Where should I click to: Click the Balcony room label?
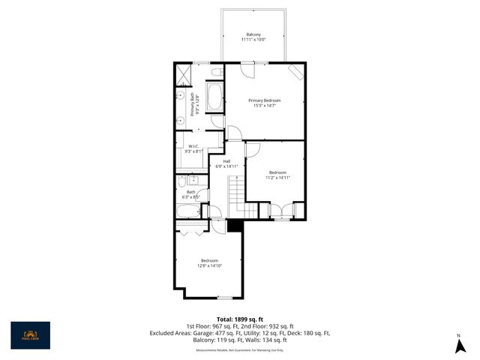254,34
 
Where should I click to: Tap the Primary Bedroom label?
265,100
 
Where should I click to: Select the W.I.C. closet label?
193,146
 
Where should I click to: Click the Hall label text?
226,160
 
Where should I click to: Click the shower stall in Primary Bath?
183,74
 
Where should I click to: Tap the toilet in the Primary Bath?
216,73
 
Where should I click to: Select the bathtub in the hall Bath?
190,211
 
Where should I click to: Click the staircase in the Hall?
236,193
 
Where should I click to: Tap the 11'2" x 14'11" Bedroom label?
277,175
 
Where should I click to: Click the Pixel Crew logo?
30,335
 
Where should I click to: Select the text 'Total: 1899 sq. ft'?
239,319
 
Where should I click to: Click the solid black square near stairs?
234,226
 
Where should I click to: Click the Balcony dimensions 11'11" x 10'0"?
254,40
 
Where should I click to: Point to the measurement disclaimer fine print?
239,350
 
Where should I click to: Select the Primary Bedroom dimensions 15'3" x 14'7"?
265,106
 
